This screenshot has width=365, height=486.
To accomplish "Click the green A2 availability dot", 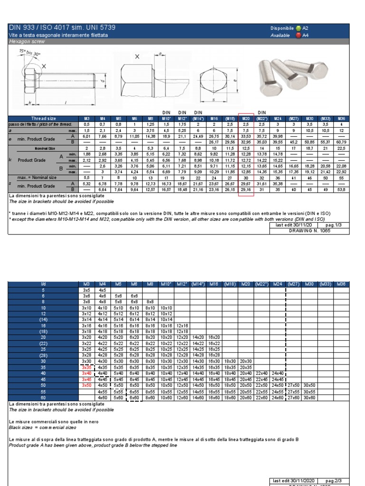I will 298,28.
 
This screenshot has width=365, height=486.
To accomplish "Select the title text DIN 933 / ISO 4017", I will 43,28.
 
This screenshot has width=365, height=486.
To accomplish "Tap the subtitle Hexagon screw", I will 27,41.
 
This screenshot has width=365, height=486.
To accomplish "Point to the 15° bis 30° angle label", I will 29,53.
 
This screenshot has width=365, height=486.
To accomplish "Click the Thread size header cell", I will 43,118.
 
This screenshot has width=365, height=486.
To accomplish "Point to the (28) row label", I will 43,355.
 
